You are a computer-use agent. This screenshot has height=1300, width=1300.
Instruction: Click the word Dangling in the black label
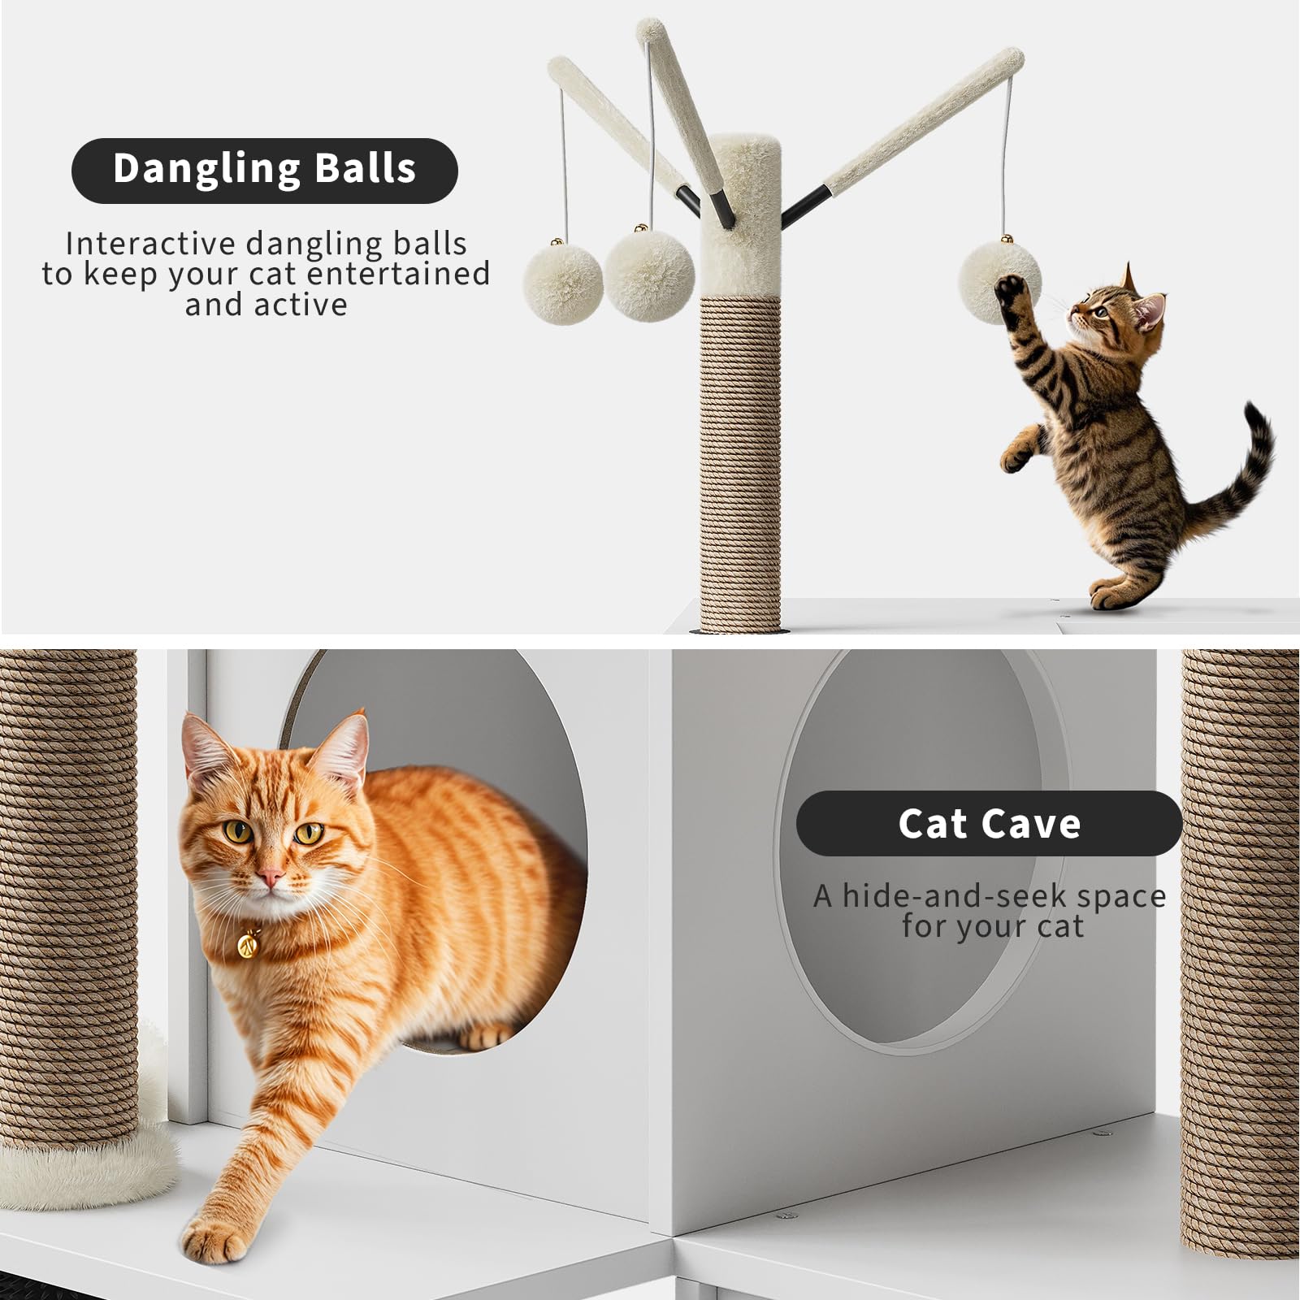206,170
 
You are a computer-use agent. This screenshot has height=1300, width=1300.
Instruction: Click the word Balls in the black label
366,168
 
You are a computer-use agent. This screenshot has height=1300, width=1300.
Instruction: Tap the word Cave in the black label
1035,823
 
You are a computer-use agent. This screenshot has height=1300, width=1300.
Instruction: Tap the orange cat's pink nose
271,877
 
